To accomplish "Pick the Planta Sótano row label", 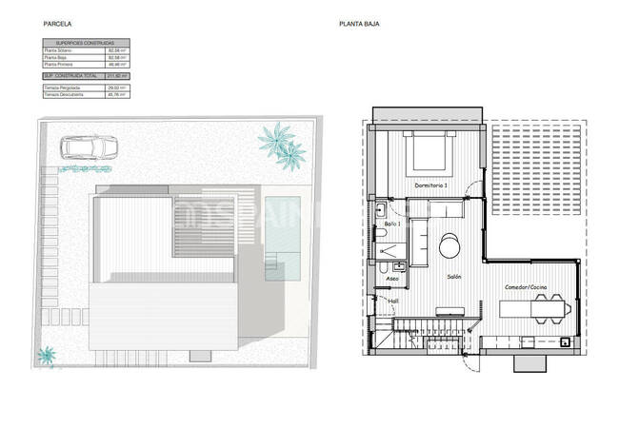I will (59, 50).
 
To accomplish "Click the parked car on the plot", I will (87, 147).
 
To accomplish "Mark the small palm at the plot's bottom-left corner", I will (45, 357).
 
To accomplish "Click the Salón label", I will (454, 277).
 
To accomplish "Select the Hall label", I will (393, 302).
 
